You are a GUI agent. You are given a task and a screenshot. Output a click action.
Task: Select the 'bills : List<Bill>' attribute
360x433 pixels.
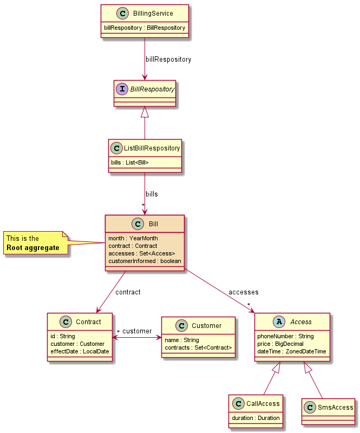pos(129,162)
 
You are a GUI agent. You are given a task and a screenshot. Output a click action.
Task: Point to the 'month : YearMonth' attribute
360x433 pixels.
pos(133,238)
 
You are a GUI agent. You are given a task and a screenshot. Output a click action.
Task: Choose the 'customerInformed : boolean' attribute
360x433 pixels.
pos(145,261)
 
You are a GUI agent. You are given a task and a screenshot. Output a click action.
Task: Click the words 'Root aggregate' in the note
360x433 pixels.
pos(32,248)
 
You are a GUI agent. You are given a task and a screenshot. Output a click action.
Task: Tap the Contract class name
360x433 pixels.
pos(88,322)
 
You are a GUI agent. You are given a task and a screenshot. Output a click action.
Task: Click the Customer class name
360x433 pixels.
pos(206,325)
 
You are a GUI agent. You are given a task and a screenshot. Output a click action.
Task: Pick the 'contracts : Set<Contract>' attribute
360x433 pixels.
pos(198,347)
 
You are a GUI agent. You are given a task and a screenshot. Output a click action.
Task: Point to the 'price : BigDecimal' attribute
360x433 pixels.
pos(280,344)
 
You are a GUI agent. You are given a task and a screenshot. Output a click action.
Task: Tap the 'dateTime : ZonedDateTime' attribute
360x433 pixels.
pos(291,351)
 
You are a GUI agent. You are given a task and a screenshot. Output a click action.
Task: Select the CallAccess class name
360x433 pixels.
pos(262,403)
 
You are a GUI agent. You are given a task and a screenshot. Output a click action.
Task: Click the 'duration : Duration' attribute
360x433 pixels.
pos(256,418)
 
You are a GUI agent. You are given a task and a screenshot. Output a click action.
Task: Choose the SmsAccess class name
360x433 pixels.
pos(335,407)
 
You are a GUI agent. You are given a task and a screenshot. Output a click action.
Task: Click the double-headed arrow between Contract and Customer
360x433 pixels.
pos(136,338)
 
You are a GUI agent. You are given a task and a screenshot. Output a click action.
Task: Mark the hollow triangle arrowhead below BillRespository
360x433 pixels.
pos(145,112)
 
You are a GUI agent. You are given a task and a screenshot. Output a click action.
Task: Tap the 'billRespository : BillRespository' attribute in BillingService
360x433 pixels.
pos(145,28)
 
